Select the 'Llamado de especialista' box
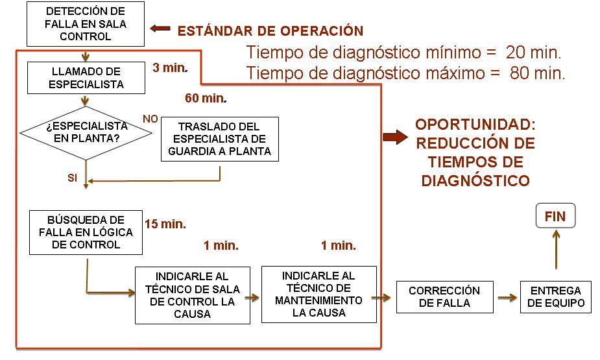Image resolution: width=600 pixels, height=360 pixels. (85, 77)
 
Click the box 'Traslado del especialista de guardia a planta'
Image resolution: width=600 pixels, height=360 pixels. (219, 139)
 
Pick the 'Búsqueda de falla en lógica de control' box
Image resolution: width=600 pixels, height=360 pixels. (86, 232)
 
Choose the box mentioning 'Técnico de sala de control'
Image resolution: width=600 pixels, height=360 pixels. (192, 294)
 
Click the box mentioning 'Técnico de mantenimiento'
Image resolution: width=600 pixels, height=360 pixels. (318, 294)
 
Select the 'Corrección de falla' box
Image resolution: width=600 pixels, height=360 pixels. (444, 297)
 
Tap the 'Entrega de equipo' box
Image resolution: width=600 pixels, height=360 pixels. (556, 297)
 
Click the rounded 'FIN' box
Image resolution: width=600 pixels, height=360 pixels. (555, 217)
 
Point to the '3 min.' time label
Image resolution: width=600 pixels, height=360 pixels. (169, 67)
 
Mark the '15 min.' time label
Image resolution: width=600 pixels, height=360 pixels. (165, 224)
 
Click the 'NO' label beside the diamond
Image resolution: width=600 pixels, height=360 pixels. (150, 119)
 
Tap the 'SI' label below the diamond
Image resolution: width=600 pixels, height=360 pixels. (72, 178)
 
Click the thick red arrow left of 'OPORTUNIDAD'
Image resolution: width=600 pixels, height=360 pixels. (394, 137)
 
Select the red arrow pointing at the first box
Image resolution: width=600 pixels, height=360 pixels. (160, 29)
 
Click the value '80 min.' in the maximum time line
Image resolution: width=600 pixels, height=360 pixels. (537, 73)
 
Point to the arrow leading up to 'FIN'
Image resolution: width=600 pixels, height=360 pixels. (555, 250)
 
